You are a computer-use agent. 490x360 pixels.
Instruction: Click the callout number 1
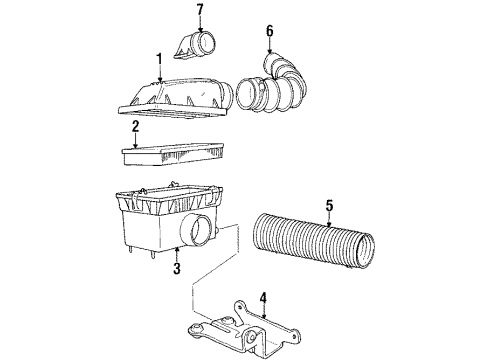point(158,61)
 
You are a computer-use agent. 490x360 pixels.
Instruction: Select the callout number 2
point(135,127)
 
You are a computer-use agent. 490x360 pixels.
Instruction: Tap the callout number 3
point(175,268)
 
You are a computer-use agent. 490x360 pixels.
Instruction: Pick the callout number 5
point(329,207)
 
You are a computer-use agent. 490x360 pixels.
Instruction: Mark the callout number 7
point(198,11)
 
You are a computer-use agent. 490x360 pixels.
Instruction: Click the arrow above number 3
point(175,253)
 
